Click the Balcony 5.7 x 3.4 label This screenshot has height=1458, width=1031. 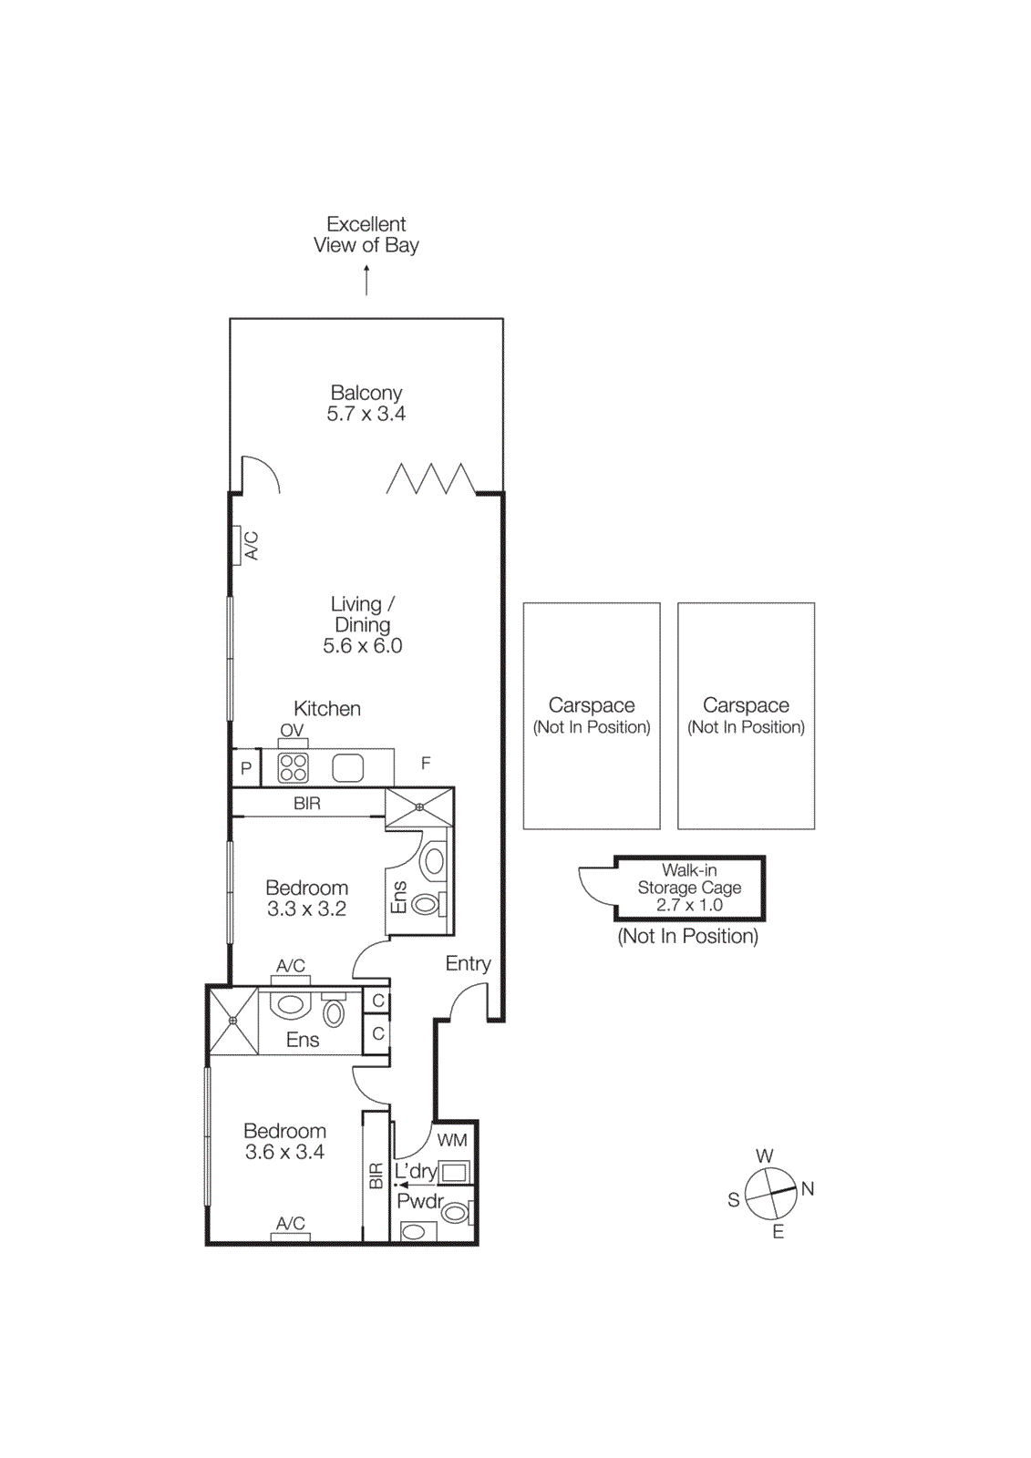[366, 403]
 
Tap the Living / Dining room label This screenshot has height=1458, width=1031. [362, 624]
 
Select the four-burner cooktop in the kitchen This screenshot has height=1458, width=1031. [293, 767]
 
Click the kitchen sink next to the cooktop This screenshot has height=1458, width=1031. [347, 767]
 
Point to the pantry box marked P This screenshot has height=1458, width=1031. [246, 768]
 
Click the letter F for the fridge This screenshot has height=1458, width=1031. [426, 764]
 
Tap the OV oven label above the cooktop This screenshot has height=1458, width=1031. [292, 731]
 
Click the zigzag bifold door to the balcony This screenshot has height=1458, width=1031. [430, 479]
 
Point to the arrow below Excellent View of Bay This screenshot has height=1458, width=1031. [366, 280]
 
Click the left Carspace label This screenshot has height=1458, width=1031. [592, 714]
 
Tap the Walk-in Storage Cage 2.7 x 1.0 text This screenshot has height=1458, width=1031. [689, 887]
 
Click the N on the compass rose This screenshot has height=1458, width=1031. [808, 1188]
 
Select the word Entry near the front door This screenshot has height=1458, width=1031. [468, 963]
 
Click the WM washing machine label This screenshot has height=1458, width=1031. [452, 1140]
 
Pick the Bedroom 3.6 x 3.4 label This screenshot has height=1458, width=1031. [284, 1141]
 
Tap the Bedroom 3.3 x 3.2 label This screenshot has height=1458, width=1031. [306, 898]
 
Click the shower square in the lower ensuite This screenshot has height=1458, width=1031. [233, 1021]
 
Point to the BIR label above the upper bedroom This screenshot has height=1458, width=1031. [307, 803]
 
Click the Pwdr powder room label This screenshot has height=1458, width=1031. [419, 1201]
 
